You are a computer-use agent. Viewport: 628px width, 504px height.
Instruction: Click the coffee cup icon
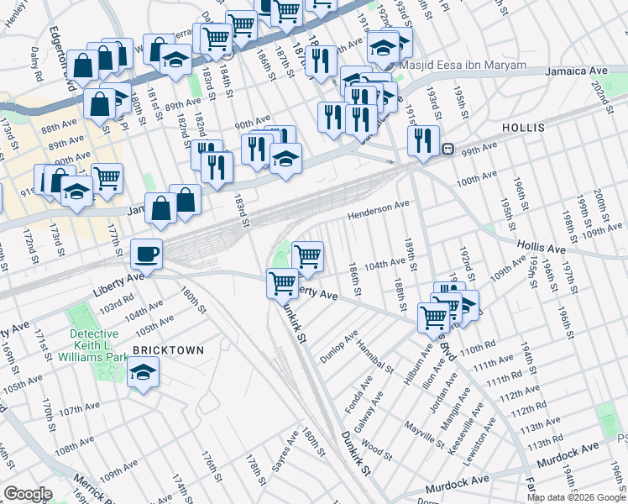pyautogui.click(x=147, y=253)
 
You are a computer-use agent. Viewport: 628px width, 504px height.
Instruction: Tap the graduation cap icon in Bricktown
pyautogui.click(x=144, y=371)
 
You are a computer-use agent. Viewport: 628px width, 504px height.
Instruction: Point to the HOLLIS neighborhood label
pyautogui.click(x=523, y=128)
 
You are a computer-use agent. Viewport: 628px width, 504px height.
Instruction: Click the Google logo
pyautogui.click(x=28, y=494)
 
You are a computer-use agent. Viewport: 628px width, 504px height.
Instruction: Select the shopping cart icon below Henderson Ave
pyautogui.click(x=308, y=255)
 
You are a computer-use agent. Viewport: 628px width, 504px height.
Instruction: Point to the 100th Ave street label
pyautogui.click(x=476, y=179)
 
